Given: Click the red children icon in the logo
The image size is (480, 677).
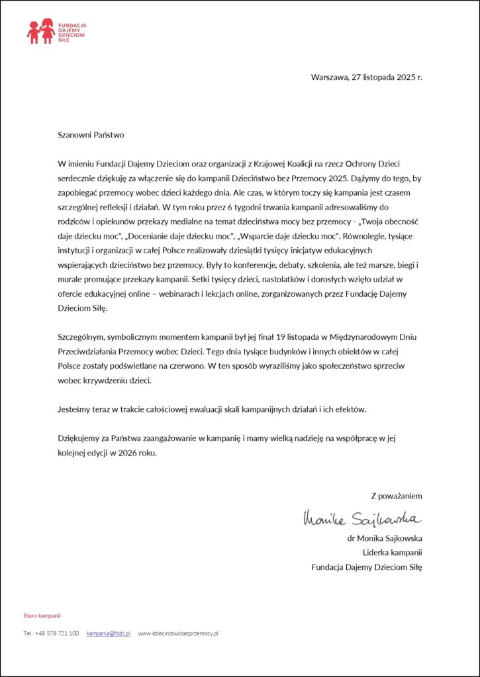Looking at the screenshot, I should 40,32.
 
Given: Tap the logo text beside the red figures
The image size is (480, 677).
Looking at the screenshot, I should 72,32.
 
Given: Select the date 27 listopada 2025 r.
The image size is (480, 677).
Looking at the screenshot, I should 387,77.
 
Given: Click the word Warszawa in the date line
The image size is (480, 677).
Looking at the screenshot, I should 329,77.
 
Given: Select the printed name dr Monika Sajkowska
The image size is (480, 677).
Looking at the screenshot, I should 385,538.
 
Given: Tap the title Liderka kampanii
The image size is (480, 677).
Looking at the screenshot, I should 392,552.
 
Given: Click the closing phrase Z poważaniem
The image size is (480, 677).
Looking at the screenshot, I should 396,495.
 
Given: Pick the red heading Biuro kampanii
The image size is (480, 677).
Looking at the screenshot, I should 42,615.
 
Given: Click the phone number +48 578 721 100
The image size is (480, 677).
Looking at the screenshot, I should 57,633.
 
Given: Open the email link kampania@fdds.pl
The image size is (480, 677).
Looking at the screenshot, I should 109,633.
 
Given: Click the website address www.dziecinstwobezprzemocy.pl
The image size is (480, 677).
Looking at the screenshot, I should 178,633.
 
